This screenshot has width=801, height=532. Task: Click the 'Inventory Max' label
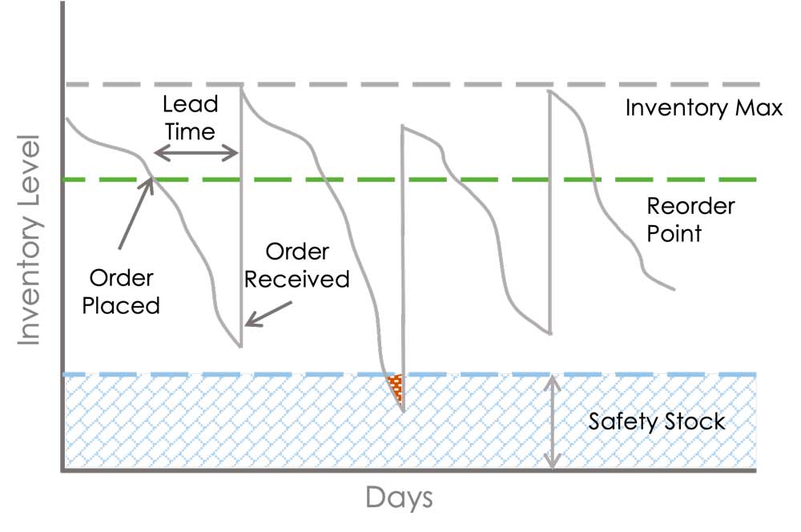(x=704, y=109)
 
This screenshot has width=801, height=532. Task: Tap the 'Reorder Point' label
(x=690, y=220)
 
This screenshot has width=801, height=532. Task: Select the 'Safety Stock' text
(x=657, y=422)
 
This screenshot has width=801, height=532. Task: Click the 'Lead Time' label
(x=190, y=118)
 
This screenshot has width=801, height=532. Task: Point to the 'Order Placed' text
(x=121, y=292)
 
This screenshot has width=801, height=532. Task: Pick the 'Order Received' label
(x=297, y=265)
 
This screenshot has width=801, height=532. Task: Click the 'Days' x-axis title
(x=399, y=498)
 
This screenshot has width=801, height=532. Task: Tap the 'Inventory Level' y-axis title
(x=29, y=240)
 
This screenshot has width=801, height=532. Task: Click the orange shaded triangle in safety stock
(x=396, y=386)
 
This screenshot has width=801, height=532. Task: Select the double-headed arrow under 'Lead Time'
(x=196, y=152)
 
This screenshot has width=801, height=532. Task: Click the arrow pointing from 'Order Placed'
(x=136, y=212)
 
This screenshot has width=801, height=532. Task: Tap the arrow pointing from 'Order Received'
(x=268, y=313)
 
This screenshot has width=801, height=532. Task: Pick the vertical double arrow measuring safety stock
(x=552, y=422)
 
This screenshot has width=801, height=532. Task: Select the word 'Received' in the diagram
(x=297, y=279)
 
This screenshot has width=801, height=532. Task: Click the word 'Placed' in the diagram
(x=121, y=305)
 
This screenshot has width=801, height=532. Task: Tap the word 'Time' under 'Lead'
(x=190, y=132)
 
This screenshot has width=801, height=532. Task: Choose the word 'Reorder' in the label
(x=690, y=207)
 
